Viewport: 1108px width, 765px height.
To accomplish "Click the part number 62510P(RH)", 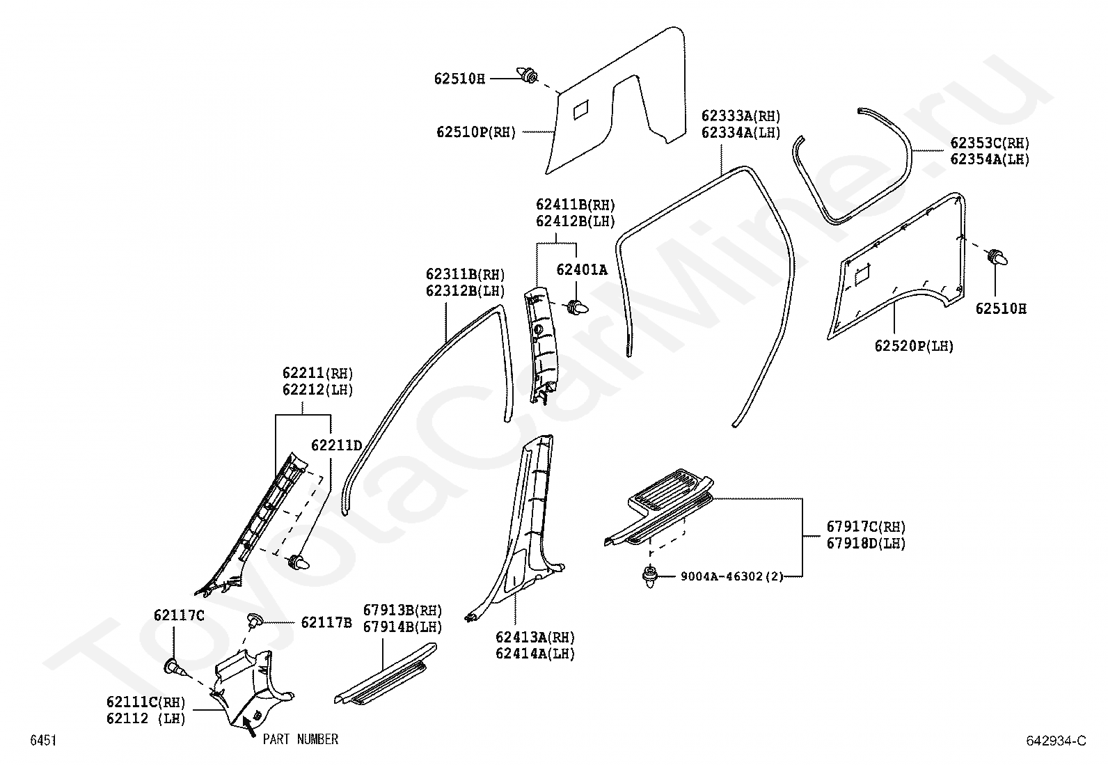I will coord(476,132).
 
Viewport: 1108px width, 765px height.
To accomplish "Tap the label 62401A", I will coord(581,269).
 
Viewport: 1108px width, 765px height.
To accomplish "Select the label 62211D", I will coord(336,445).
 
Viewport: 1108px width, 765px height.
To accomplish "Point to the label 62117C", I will coord(179,615).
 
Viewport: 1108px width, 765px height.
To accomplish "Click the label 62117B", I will coord(326,622).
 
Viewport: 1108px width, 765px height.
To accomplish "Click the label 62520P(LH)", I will coord(914,346).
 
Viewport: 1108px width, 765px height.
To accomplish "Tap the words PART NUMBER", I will coord(300,739).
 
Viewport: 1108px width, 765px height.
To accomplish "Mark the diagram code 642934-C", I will coord(1055,741).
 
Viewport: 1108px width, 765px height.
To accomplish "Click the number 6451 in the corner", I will coord(42,741).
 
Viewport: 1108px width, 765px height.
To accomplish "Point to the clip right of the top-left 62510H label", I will coord(528,73).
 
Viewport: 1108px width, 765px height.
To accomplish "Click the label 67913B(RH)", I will coord(402,610).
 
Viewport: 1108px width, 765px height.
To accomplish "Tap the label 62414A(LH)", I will coord(535,654).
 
